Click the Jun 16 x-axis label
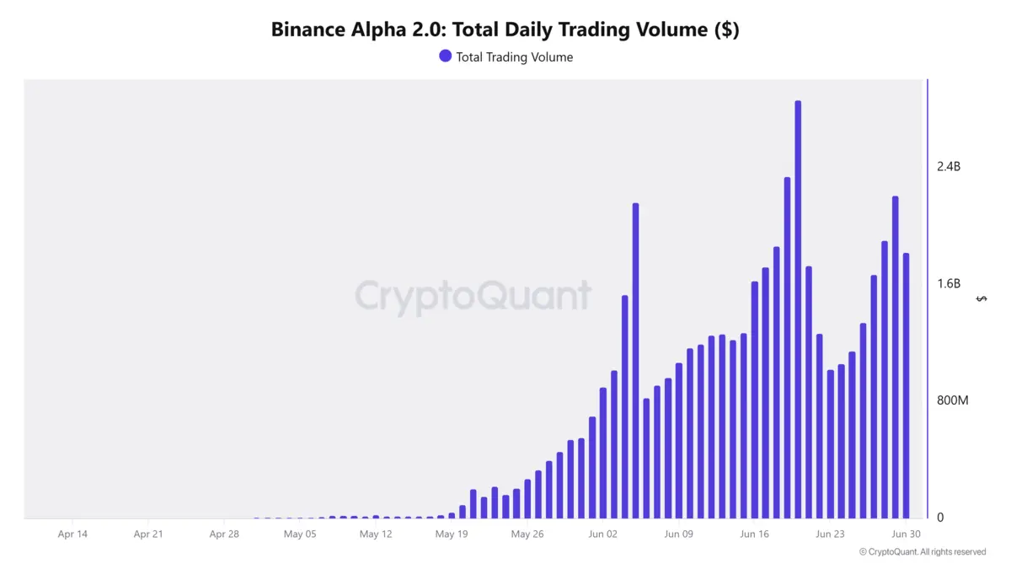click(x=754, y=534)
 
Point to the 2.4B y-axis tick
click(x=949, y=166)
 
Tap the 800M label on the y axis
click(x=953, y=400)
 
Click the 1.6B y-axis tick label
click(x=949, y=283)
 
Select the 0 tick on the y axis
click(x=940, y=518)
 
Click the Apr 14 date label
click(x=72, y=534)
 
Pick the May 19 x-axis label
click(x=452, y=534)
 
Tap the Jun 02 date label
click(x=602, y=534)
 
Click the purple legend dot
click(x=445, y=56)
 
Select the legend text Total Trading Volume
click(x=514, y=57)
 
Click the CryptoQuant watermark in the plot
click(x=473, y=297)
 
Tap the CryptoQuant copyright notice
click(x=923, y=552)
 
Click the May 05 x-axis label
click(x=300, y=534)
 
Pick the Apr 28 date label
click(x=224, y=534)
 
